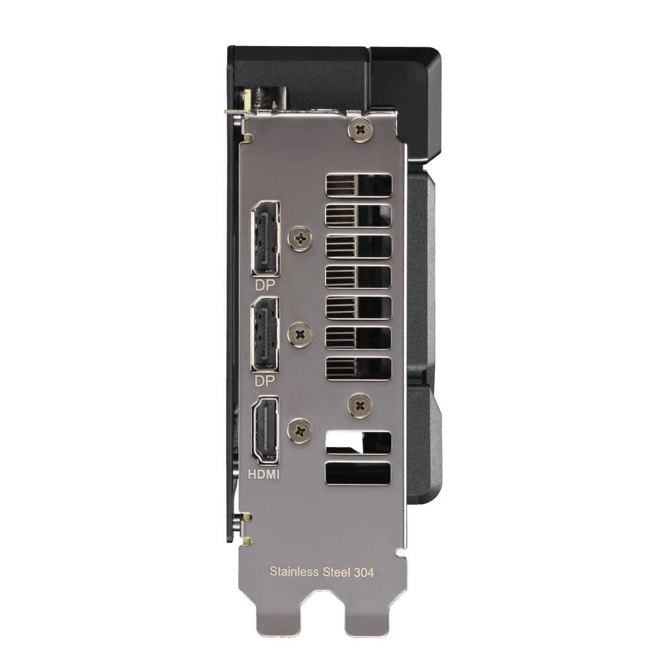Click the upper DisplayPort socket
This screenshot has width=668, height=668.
266,238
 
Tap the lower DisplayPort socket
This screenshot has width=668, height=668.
266,335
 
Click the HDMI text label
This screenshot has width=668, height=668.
264,474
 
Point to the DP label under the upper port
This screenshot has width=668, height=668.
265,285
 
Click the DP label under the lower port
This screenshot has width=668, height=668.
265,381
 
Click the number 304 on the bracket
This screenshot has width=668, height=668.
364,572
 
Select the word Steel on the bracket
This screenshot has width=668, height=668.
336,572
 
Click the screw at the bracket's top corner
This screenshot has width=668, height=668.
361,129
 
